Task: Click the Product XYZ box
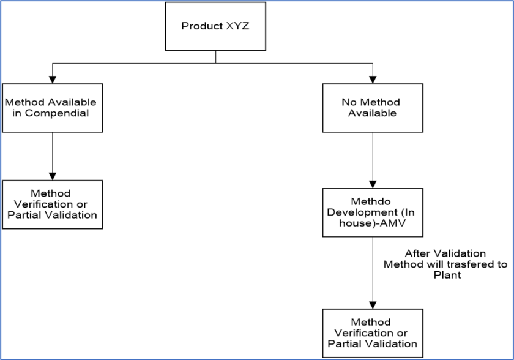pyautogui.click(x=215, y=26)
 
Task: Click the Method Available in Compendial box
pyautogui.click(x=52, y=108)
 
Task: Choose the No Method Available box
pyautogui.click(x=372, y=108)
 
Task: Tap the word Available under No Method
pyautogui.click(x=372, y=113)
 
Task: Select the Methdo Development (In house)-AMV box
pyautogui.click(x=372, y=212)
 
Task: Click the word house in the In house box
pyautogui.click(x=354, y=223)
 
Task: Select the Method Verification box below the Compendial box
pyautogui.click(x=52, y=204)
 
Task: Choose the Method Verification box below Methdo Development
pyautogui.click(x=372, y=333)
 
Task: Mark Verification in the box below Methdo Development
pyautogui.click(x=366, y=333)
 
